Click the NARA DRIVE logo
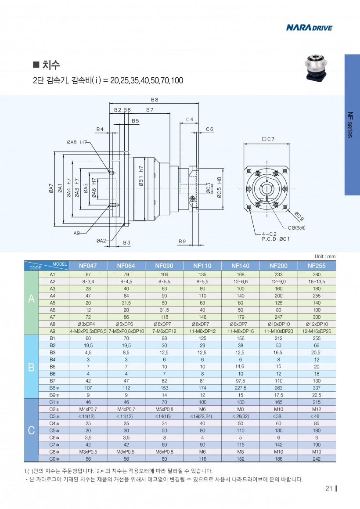pos(309,28)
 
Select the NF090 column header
pos(164,266)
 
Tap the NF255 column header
pos(317,266)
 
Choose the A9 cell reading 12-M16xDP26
pos(317,331)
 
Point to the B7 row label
pos(53,381)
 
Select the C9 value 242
pos(317,458)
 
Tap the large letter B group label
pos(31,367)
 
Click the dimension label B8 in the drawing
pos(155,100)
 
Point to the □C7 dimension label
pos(267,139)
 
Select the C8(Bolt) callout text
pos(296,227)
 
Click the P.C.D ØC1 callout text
pos(275,239)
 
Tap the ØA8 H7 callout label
pos(77,142)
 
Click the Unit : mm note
pos(325,256)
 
